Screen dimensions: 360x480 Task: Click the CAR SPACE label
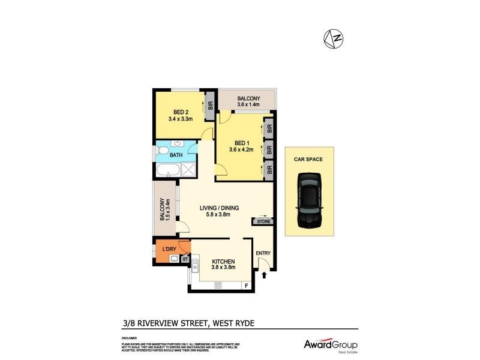pos(308,160)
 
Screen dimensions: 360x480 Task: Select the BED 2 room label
pos(182,112)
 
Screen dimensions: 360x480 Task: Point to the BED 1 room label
pos(241,142)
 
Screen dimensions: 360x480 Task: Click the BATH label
pos(176,155)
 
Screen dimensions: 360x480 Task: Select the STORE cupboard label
pos(262,221)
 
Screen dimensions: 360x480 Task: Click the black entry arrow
pos(265,275)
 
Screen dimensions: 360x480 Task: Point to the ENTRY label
pos(263,253)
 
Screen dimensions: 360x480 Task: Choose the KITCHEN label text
pos(223,262)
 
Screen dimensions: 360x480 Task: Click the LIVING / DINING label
pos(220,208)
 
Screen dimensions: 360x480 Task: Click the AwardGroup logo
pos(330,345)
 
